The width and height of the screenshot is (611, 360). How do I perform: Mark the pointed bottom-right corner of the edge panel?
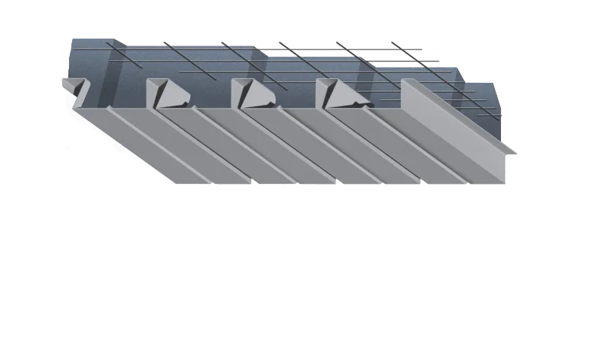tap(507, 183)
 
